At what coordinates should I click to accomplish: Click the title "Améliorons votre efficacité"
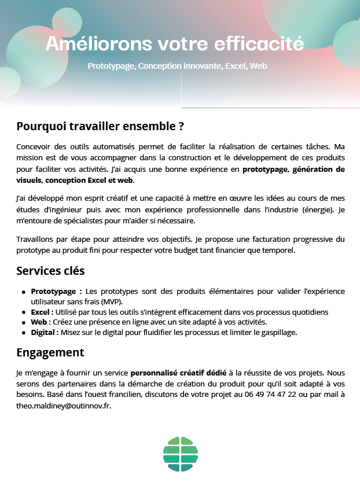click(x=174, y=43)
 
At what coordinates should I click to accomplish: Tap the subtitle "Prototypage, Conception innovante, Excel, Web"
click(x=177, y=66)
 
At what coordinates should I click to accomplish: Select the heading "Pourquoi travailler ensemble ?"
click(x=100, y=126)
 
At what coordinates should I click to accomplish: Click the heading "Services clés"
click(x=50, y=270)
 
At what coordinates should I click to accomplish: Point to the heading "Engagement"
click(x=50, y=352)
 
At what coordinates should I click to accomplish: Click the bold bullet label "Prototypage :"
click(x=56, y=290)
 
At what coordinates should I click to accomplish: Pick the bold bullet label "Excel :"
click(x=42, y=312)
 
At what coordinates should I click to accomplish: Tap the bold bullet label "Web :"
click(x=41, y=322)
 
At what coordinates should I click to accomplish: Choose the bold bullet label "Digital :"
click(x=45, y=332)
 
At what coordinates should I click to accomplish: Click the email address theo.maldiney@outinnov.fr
click(x=63, y=405)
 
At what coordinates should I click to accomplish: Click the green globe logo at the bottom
click(x=181, y=454)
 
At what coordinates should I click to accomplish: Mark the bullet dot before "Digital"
click(x=24, y=333)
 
